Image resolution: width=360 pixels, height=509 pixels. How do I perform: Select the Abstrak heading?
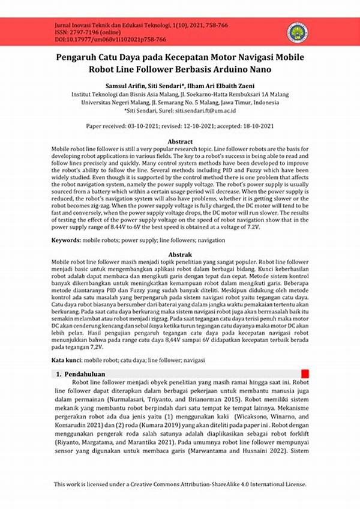(x=179, y=255)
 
